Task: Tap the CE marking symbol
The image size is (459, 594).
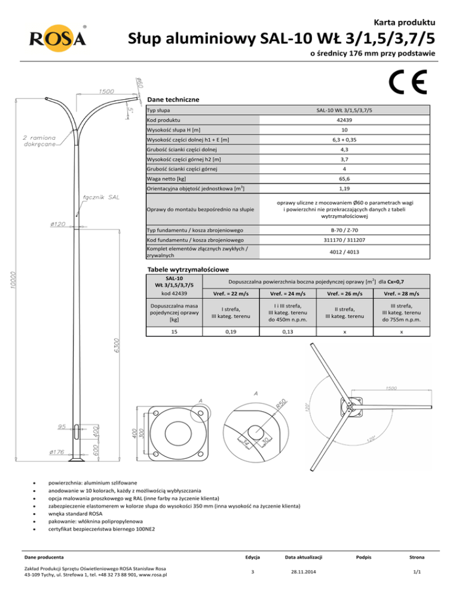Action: pyautogui.click(x=407, y=84)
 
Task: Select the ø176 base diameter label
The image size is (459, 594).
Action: pyautogui.click(x=57, y=452)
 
